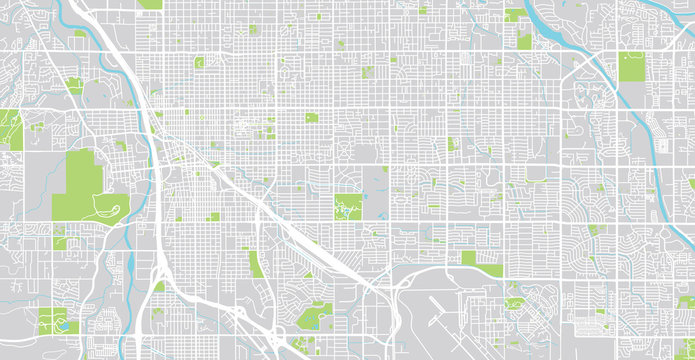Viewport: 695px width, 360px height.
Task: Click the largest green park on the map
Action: coord(85,180)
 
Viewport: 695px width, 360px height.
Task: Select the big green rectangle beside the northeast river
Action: coord(632,66)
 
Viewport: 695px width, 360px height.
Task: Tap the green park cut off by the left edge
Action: coord(9,130)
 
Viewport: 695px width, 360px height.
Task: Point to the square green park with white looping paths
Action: coord(347,207)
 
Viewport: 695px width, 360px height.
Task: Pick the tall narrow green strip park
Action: coord(255,263)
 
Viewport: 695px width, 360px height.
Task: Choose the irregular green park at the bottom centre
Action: coord(315,315)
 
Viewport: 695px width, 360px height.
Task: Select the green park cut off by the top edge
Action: coord(150,4)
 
